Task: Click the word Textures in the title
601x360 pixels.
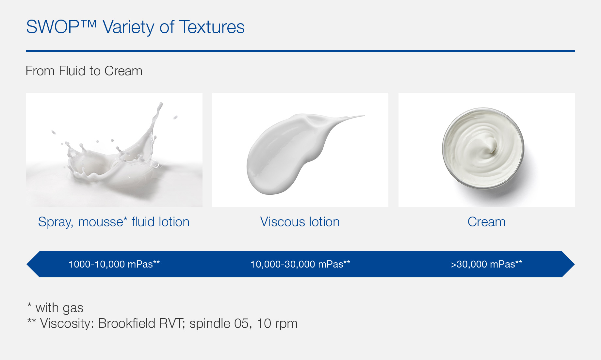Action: (x=212, y=27)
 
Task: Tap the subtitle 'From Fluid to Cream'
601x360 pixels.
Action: (x=84, y=71)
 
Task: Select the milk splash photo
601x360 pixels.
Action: (x=114, y=150)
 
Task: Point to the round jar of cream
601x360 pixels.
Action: (x=483, y=149)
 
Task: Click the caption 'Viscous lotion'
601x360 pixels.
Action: (x=300, y=222)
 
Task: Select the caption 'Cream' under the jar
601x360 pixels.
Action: (x=486, y=222)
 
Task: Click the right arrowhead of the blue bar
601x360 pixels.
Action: (x=568, y=264)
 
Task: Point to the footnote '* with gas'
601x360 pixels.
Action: (x=55, y=308)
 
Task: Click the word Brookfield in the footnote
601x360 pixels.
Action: (x=126, y=323)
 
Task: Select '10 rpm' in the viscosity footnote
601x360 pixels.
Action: (x=277, y=323)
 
